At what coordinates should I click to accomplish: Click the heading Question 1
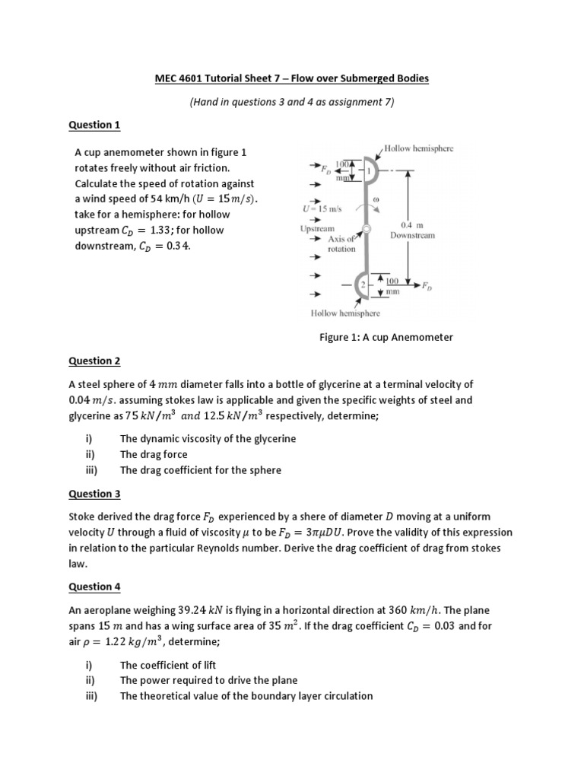pyautogui.click(x=94, y=125)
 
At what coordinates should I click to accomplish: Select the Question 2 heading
pyautogui.click(x=94, y=361)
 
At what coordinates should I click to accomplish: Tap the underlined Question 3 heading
pyautogui.click(x=94, y=494)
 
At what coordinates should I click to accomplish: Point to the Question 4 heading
pyautogui.click(x=94, y=587)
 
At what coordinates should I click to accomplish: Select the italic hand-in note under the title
pyautogui.click(x=290, y=101)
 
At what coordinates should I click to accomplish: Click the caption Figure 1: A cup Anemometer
pyautogui.click(x=386, y=337)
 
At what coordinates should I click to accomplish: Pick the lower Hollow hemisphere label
pyautogui.click(x=345, y=313)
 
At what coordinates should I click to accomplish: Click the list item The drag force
pyautogui.click(x=154, y=454)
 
